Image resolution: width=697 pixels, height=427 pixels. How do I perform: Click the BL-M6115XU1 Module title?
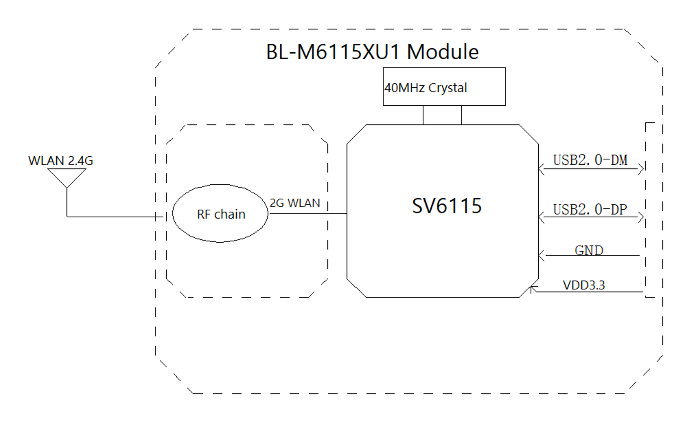click(x=372, y=52)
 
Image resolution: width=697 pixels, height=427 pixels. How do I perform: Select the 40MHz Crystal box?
click(x=444, y=87)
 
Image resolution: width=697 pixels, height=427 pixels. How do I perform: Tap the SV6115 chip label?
click(x=447, y=206)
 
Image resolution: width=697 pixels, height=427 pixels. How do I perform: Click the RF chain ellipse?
click(x=220, y=214)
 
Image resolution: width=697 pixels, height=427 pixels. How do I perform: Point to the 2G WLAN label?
click(x=295, y=203)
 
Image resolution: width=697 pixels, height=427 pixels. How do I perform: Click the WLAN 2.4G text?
click(x=61, y=161)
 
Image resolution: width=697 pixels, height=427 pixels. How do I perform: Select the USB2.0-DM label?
click(x=590, y=160)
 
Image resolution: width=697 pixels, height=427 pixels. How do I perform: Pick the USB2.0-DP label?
click(x=590, y=210)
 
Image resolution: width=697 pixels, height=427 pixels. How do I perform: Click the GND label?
click(x=589, y=250)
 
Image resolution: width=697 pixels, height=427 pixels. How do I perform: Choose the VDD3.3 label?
click(x=584, y=285)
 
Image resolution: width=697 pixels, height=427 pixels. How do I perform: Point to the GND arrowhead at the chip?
click(x=541, y=255)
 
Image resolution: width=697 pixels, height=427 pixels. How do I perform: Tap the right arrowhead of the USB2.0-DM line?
click(x=641, y=169)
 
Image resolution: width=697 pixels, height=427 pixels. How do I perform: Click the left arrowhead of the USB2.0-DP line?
click(x=541, y=217)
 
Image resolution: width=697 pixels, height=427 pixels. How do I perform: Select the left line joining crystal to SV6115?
click(x=423, y=115)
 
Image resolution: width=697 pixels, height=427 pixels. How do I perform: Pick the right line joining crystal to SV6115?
click(x=461, y=115)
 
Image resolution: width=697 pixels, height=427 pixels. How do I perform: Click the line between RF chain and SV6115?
click(x=308, y=214)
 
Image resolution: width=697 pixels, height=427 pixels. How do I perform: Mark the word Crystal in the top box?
click(x=447, y=88)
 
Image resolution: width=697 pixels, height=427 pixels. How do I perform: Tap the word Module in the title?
click(x=443, y=52)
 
